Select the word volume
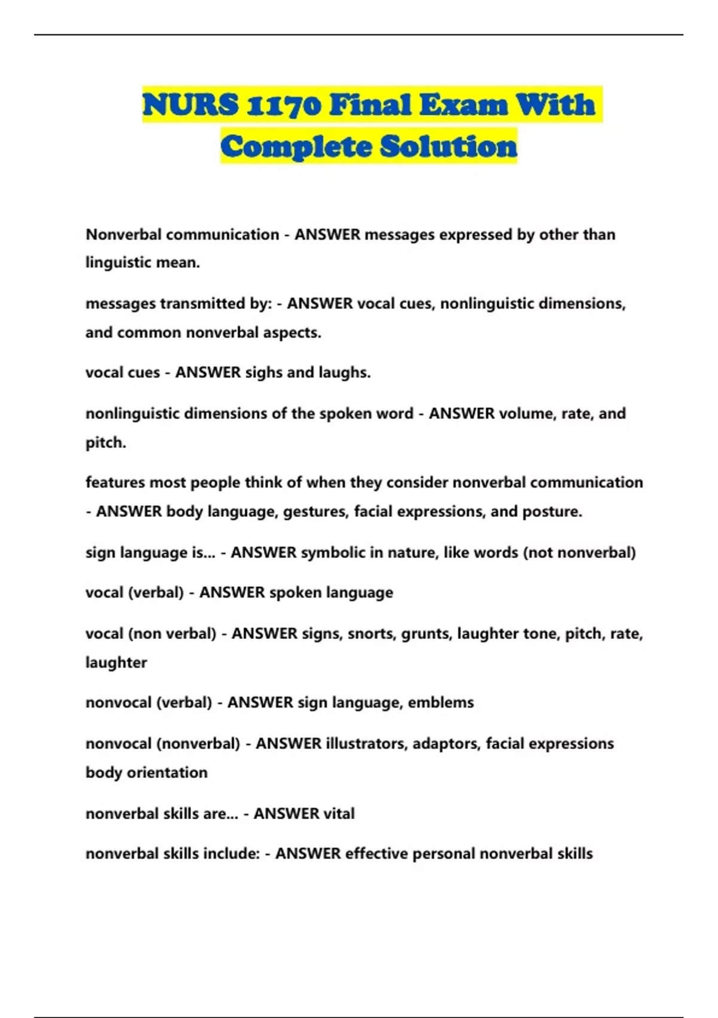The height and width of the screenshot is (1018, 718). coord(527,414)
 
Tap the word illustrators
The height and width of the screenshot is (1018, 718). coord(366,744)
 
